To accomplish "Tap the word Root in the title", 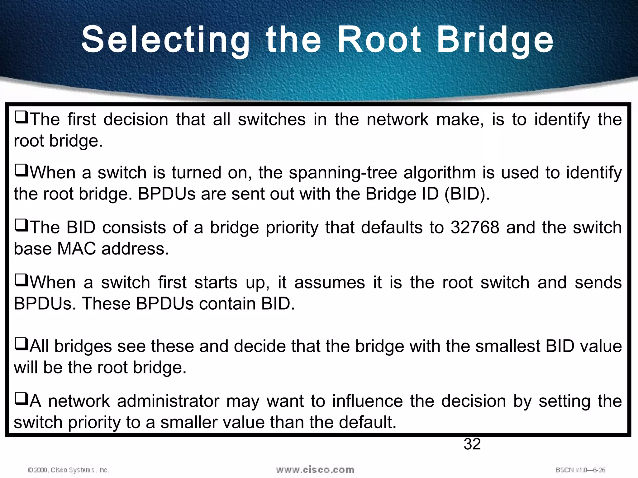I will [x=379, y=40].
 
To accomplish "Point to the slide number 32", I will [x=472, y=444].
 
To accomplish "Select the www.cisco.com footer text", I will [x=315, y=470].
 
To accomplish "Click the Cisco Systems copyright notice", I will [x=69, y=470].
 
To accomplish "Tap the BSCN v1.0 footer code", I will [x=580, y=470].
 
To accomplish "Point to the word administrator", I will [x=168, y=401].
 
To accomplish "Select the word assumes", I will [x=329, y=283].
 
